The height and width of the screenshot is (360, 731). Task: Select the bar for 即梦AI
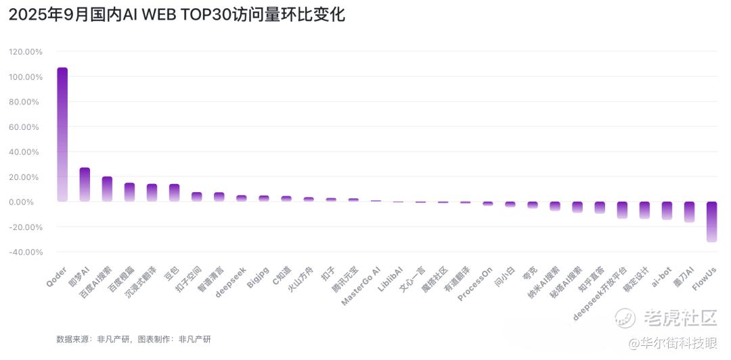coord(85,184)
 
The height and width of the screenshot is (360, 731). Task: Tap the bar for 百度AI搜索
coord(107,189)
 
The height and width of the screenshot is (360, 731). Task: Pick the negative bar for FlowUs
coord(711,221)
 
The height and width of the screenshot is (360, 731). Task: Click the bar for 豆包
coord(174,192)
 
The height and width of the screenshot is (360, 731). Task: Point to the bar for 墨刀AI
coord(689,211)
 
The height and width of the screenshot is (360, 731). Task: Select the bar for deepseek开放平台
coord(622,210)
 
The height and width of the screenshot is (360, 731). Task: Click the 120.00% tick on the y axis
coord(26,51)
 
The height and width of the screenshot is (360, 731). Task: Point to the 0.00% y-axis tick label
coord(29,202)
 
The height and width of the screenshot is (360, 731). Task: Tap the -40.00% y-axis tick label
coord(26,252)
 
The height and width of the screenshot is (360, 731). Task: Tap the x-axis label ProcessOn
coord(476,284)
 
